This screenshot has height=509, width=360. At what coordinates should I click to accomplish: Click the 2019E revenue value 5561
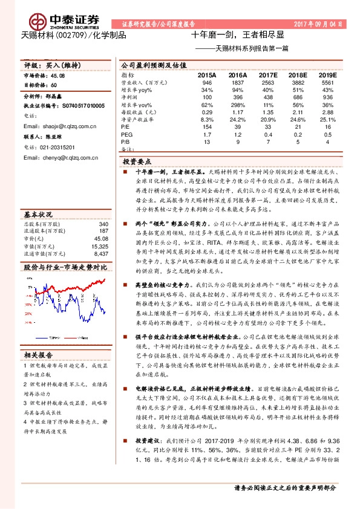pyautogui.click(x=327, y=83)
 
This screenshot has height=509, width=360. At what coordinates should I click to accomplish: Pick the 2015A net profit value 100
pyautogui.click(x=208, y=97)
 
